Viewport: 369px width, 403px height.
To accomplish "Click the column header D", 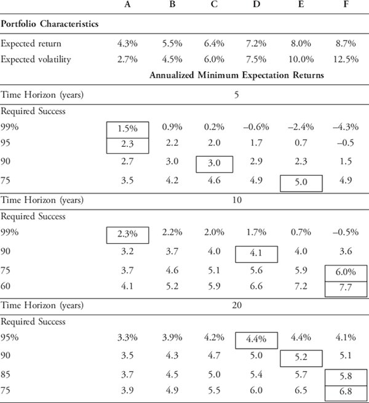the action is tap(256, 4).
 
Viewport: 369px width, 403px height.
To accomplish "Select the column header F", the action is tap(346, 4).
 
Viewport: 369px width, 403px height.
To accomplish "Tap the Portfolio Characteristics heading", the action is tap(50, 23).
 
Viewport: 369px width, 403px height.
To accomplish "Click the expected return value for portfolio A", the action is tap(127, 44).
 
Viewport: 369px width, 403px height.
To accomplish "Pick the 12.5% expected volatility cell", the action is tap(346, 60).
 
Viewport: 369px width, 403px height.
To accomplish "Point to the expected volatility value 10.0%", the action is tap(301, 60).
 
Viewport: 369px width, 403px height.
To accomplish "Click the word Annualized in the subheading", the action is tap(172, 75).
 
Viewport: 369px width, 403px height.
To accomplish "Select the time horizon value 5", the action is tap(237, 95).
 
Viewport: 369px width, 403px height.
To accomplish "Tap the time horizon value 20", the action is tap(237, 305).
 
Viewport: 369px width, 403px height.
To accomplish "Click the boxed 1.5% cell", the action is tap(128, 130).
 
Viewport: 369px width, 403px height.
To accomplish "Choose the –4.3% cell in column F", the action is tap(346, 127).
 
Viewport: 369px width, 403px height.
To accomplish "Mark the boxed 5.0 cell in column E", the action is tap(301, 183).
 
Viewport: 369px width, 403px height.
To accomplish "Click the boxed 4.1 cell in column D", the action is tap(256, 254).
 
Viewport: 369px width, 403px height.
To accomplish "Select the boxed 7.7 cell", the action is tap(346, 289).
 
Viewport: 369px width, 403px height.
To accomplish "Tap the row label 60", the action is tap(6, 286).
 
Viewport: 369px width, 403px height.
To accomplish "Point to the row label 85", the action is tap(6, 374).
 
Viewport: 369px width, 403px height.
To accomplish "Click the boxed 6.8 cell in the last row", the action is tap(346, 393).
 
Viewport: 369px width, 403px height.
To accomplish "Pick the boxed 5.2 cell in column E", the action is tap(301, 358).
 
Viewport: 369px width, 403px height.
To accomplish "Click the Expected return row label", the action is tap(31, 44).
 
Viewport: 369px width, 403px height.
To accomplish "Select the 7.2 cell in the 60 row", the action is tap(301, 286).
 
